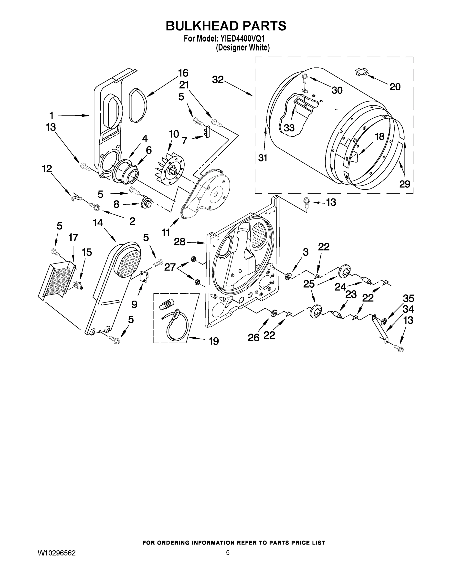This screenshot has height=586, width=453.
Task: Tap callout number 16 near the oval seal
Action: pos(183,73)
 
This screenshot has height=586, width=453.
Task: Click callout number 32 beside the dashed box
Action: pos(218,80)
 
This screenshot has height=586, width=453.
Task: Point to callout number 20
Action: pos(395,87)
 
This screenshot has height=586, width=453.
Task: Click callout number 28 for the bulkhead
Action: pos(179,242)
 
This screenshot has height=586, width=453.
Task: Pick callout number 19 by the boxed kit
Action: pos(214,341)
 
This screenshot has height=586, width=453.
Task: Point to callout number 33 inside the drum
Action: pos(289,128)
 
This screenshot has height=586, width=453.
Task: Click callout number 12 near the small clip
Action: pos(47,169)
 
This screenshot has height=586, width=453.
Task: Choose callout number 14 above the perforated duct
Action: pos(98,222)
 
